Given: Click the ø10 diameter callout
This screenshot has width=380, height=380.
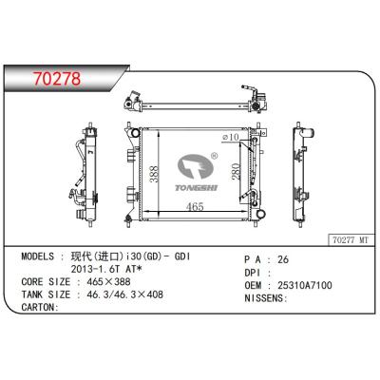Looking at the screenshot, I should pyautogui.click(x=229, y=137).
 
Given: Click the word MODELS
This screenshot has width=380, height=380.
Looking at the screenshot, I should pyautogui.click(x=41, y=258).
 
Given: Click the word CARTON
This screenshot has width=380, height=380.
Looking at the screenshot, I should pyautogui.click(x=39, y=307).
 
